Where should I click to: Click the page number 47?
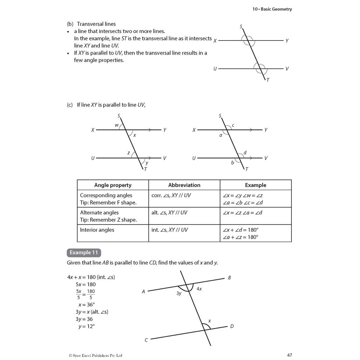click(x=289, y=355)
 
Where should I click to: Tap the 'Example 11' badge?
click(x=84, y=252)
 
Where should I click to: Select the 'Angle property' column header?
click(x=113, y=185)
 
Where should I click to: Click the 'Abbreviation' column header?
click(x=184, y=185)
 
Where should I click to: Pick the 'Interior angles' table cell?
click(x=97, y=230)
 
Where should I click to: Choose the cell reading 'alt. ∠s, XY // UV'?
click(x=169, y=213)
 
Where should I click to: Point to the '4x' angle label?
click(x=199, y=289)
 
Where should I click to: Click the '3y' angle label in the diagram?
click(x=179, y=293)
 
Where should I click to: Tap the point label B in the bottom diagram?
click(x=229, y=278)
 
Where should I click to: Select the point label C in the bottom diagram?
click(x=146, y=340)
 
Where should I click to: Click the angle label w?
click(x=117, y=125)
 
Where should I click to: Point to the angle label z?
click(x=129, y=153)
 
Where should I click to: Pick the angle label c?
click(x=233, y=125)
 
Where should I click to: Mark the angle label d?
click(x=245, y=153)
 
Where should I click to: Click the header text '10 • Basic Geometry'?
click(x=272, y=9)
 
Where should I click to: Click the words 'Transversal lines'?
click(x=96, y=24)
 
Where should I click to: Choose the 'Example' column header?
click(x=256, y=185)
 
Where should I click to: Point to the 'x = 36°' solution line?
click(x=87, y=305)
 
